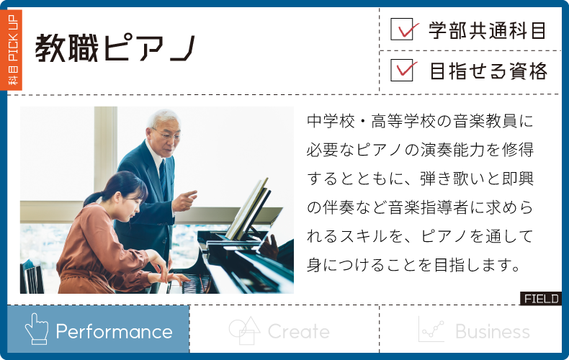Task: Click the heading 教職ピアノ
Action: [x=115, y=48]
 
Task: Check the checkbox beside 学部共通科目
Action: [x=402, y=29]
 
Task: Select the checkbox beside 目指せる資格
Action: [x=402, y=70]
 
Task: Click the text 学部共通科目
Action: [x=488, y=30]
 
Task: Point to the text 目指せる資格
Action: [x=488, y=71]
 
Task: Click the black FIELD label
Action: [x=541, y=299]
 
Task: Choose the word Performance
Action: [x=114, y=332]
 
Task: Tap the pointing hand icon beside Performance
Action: [x=36, y=329]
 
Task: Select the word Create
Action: [x=298, y=331]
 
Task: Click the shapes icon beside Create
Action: [x=244, y=330]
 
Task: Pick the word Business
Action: [x=493, y=331]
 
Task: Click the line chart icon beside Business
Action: [x=431, y=329]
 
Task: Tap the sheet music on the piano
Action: [x=249, y=210]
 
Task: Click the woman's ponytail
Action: [x=93, y=199]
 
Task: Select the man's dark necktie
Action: [x=163, y=178]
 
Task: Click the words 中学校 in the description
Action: [x=331, y=121]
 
